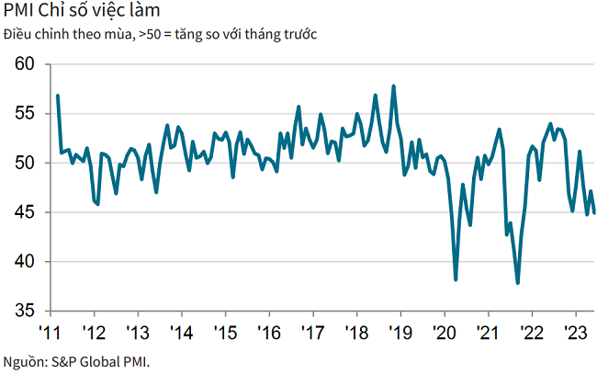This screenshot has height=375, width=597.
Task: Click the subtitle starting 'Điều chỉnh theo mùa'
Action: (x=161, y=35)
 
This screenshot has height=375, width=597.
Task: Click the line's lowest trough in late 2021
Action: (x=518, y=283)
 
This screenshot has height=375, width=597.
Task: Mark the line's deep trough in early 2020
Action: (x=456, y=279)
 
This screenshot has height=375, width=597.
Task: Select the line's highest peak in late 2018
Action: (x=394, y=86)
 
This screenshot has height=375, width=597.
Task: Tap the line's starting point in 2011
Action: (x=57, y=96)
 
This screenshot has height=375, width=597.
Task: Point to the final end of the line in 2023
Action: (x=593, y=212)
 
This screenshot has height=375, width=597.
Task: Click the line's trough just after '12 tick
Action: (x=97, y=204)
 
